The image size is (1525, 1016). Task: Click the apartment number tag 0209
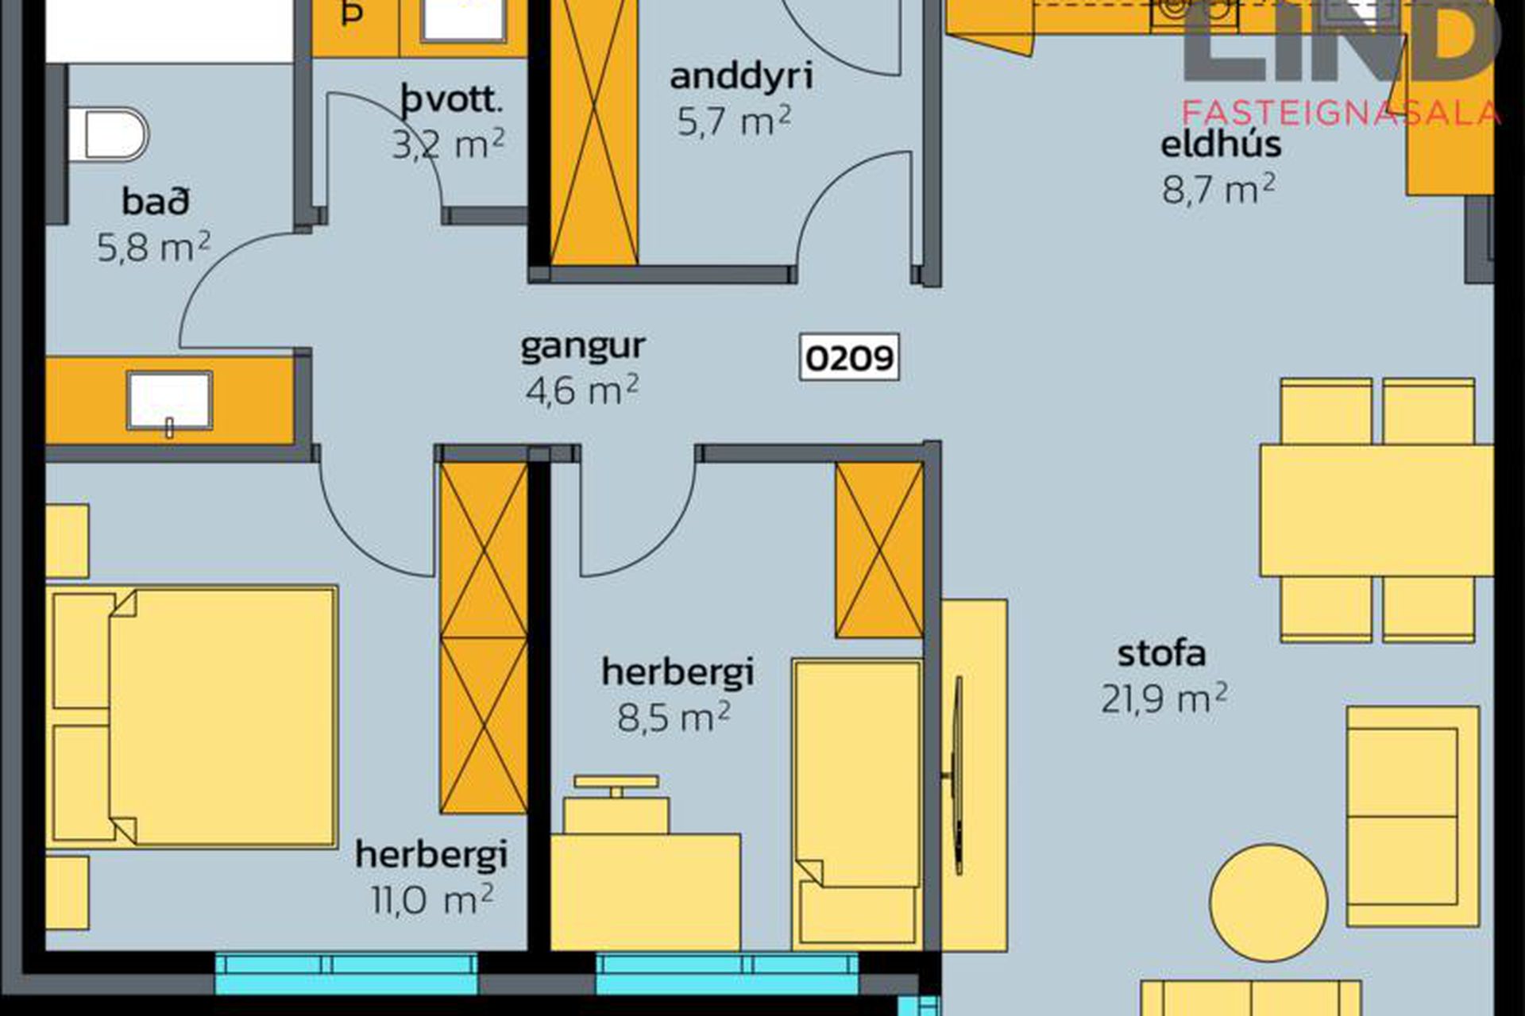[x=849, y=357]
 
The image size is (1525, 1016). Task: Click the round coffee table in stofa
[x=1268, y=902]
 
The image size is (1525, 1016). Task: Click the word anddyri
[x=741, y=77]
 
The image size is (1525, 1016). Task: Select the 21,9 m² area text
[x=1164, y=698]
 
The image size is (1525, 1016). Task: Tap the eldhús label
[x=1221, y=144]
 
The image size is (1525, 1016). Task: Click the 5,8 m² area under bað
[x=154, y=247]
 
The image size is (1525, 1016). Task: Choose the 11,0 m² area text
[x=432, y=899]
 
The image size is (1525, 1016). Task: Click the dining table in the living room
[x=1376, y=510]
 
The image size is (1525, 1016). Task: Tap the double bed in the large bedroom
[x=192, y=717]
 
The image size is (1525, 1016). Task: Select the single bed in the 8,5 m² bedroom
[x=857, y=804]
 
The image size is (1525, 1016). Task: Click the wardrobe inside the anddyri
[x=593, y=133]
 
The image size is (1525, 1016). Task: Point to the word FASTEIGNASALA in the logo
[x=1341, y=114]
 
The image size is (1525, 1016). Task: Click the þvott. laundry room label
[x=452, y=101]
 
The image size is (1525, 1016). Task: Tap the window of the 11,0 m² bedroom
[x=346, y=974]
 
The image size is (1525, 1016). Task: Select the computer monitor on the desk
[x=616, y=786]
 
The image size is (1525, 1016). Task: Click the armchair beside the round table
[x=1412, y=817]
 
